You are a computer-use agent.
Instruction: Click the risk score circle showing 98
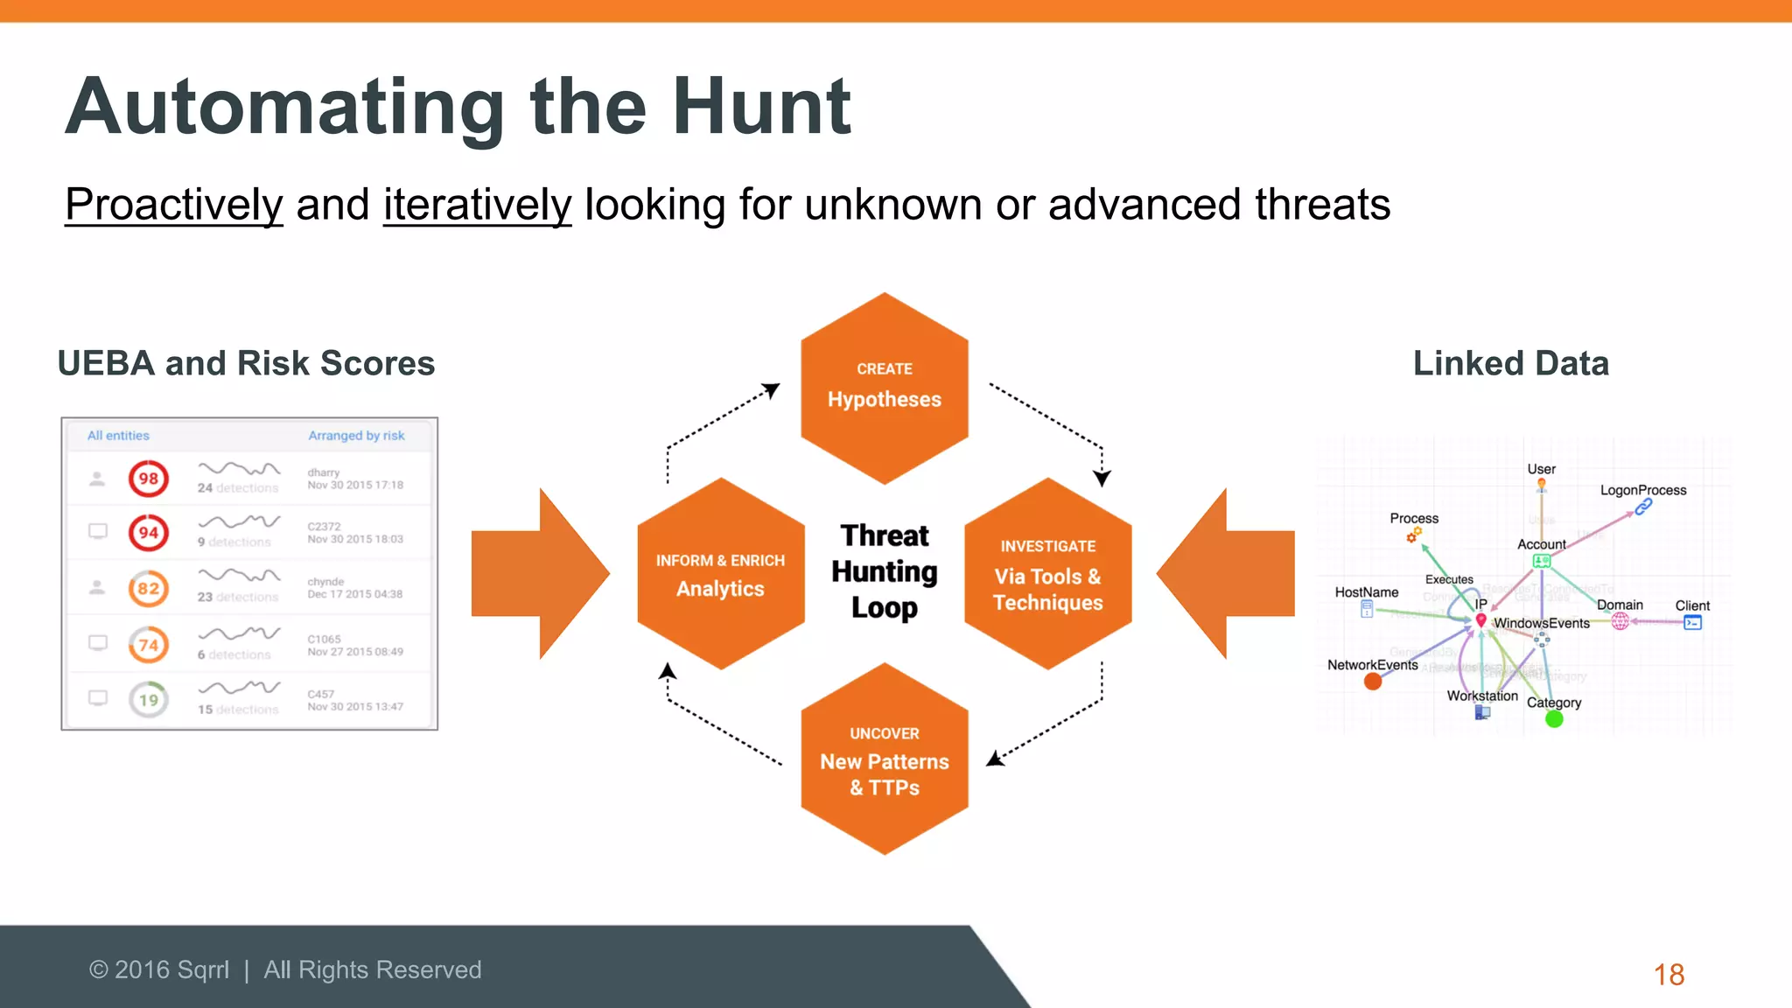[x=149, y=479]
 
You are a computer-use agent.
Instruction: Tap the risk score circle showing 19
[x=149, y=700]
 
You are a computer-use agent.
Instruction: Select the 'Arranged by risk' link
[x=356, y=436]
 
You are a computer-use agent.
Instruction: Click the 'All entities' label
[x=118, y=436]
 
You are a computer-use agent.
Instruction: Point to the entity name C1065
[x=324, y=639]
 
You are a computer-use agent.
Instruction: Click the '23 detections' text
[x=238, y=597]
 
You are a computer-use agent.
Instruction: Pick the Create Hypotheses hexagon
[x=885, y=388]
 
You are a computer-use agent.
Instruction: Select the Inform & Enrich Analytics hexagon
[x=720, y=575]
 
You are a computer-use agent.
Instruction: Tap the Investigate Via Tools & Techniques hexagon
[x=1048, y=575]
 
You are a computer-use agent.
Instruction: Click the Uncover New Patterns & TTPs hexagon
[x=885, y=759]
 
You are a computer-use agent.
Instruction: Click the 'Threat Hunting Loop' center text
[x=885, y=571]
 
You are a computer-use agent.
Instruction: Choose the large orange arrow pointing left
[x=1227, y=574]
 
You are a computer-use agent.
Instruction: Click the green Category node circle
[x=1554, y=719]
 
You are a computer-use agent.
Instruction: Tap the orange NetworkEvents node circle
[x=1373, y=682]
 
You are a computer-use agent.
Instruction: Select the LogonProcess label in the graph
[x=1643, y=490]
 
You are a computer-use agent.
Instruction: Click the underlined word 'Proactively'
[x=174, y=205]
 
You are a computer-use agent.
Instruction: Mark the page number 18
[x=1669, y=975]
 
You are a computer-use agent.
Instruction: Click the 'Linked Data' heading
[x=1511, y=363]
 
